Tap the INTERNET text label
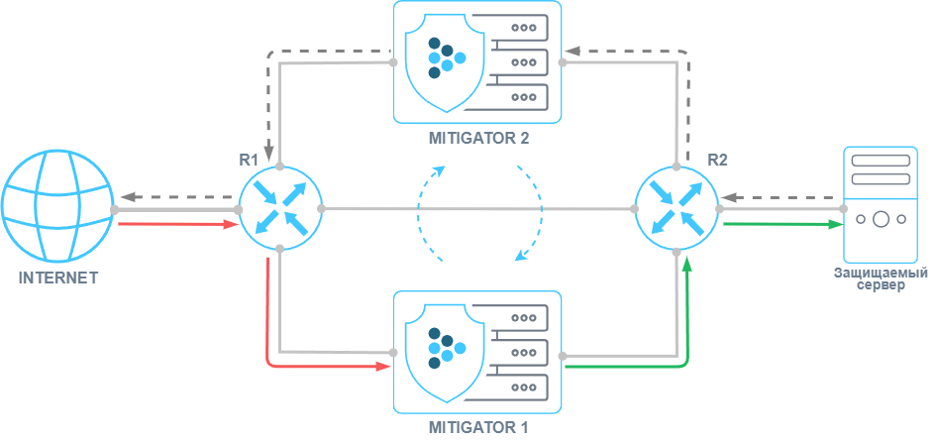pyautogui.click(x=57, y=277)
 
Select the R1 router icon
pyautogui.click(x=280, y=208)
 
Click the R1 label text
pyautogui.click(x=249, y=159)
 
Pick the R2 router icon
pyautogui.click(x=677, y=208)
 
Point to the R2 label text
pyautogui.click(x=717, y=159)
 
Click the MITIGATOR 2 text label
pyautogui.click(x=478, y=138)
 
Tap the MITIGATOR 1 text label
pyautogui.click(x=478, y=427)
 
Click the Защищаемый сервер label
pyautogui.click(x=880, y=278)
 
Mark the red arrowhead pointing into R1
pyautogui.click(x=231, y=224)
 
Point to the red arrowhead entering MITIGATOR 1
pyautogui.click(x=384, y=366)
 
